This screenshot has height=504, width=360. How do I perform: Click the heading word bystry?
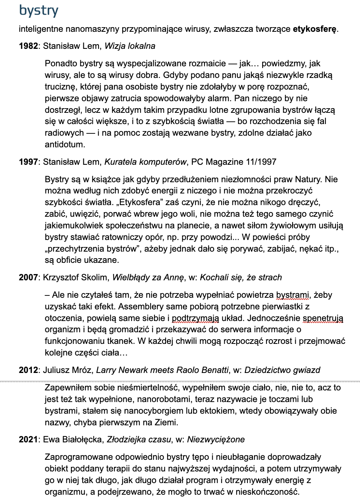(x=38, y=10)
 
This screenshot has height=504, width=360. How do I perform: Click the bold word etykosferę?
(x=315, y=29)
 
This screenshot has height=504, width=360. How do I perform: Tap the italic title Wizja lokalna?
(x=130, y=46)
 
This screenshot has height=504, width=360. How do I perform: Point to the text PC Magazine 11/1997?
(x=234, y=162)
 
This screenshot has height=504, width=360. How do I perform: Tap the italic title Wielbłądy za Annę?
(x=148, y=278)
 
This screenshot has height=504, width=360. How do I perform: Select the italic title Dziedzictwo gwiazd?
(x=282, y=370)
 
